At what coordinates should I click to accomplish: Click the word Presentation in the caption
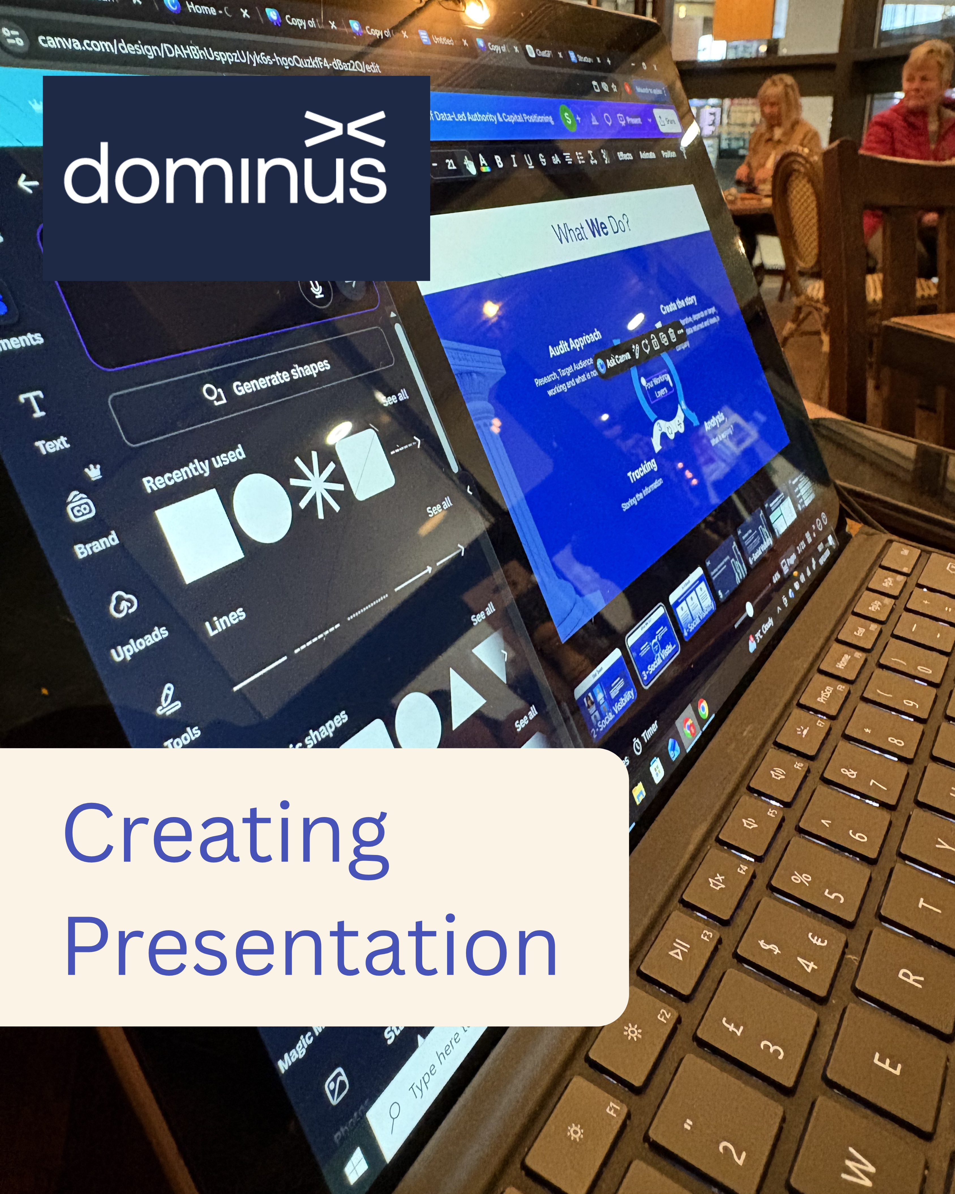(x=310, y=948)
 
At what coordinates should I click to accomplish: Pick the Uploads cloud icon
(x=123, y=604)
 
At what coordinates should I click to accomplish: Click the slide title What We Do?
(x=591, y=228)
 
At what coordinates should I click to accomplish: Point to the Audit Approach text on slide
(x=575, y=343)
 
